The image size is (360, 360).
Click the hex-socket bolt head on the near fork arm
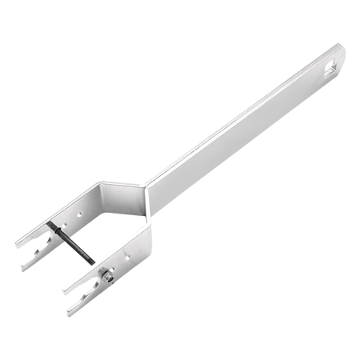pos(104,276)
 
